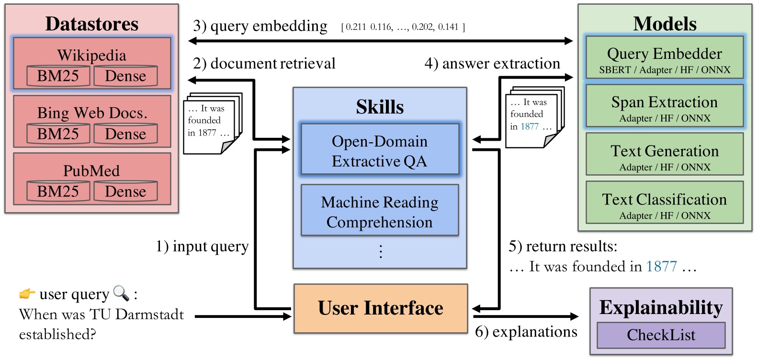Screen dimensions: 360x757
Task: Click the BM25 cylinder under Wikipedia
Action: tap(58, 76)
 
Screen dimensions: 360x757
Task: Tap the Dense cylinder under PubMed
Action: tap(125, 191)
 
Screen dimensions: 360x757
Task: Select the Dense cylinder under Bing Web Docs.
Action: tap(125, 134)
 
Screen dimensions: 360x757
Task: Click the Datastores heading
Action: tap(91, 24)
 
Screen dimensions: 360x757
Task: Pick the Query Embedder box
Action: tap(664, 57)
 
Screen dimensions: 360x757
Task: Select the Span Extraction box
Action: tap(664, 106)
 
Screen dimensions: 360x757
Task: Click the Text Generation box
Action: tap(664, 154)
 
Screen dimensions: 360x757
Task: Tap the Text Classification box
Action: tap(664, 202)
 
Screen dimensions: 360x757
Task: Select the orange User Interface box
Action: tap(381, 308)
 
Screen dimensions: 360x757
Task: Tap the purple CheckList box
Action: tap(661, 335)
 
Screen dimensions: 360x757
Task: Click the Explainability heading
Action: tap(661, 307)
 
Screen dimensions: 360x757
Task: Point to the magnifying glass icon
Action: tap(121, 293)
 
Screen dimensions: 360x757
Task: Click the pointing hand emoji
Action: tap(27, 293)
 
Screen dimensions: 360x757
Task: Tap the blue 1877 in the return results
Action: tap(661, 266)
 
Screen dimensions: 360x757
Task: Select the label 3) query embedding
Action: tap(260, 26)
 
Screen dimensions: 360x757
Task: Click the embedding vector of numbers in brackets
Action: tap(403, 27)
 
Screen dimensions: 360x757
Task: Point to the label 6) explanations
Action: tap(526, 332)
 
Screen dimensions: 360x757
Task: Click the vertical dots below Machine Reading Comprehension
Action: tap(381, 251)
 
